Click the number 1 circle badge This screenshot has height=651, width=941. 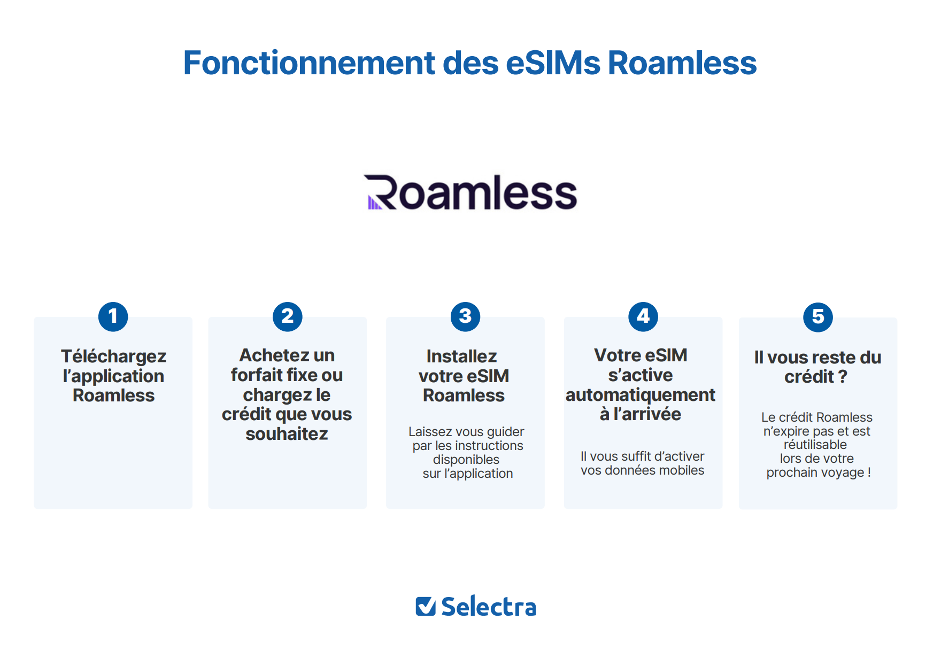(113, 316)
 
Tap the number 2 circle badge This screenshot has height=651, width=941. (288, 316)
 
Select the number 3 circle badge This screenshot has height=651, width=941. (466, 316)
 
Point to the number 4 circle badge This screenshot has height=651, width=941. (643, 316)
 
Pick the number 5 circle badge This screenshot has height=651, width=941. (818, 317)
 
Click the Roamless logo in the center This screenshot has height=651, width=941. (470, 192)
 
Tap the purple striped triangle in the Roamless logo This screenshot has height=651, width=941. (374, 203)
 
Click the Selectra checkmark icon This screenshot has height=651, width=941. (426, 606)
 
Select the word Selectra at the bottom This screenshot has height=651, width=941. (489, 607)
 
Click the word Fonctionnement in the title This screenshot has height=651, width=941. (310, 63)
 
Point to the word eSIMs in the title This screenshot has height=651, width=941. (553, 63)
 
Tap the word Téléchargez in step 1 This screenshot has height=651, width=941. (113, 356)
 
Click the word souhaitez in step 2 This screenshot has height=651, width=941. (287, 433)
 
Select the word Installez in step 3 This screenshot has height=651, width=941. (462, 356)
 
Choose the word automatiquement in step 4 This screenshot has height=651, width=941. (641, 395)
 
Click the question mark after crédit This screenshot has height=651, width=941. (843, 376)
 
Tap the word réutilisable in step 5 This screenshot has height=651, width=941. (815, 445)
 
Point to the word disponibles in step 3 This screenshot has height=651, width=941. (466, 460)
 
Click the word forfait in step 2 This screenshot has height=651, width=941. (257, 375)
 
